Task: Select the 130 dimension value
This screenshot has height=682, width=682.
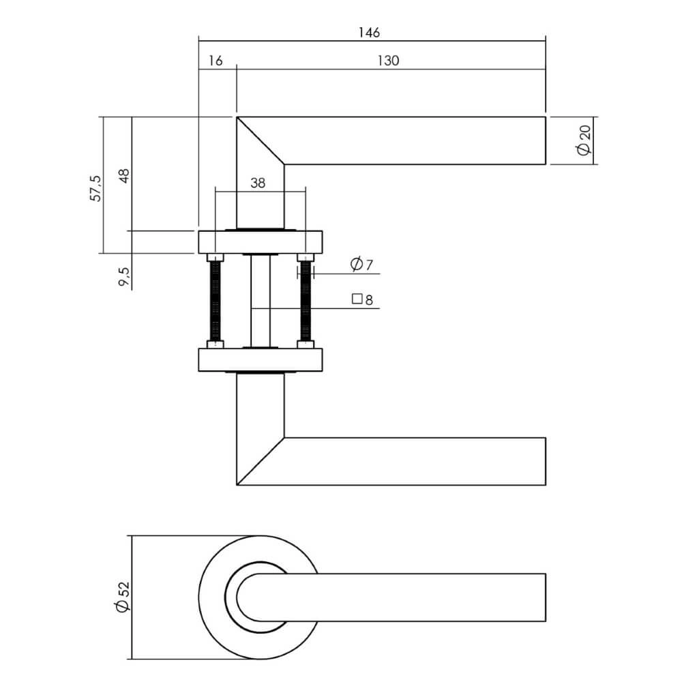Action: coord(387,61)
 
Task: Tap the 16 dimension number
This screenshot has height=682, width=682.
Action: coord(214,61)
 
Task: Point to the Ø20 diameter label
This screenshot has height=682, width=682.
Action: coord(583,141)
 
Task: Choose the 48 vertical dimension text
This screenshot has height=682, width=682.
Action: coord(123,176)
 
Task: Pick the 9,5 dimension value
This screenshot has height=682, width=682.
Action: coord(124,277)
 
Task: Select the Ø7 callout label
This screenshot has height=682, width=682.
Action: coord(361,265)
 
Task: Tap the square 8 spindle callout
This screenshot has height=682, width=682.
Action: coord(363,299)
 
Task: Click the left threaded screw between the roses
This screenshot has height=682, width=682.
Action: coord(216,300)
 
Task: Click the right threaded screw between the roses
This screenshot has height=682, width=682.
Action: coord(305,300)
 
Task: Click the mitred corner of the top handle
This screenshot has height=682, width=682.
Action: coord(260,140)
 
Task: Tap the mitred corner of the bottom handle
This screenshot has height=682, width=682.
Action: coord(260,461)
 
